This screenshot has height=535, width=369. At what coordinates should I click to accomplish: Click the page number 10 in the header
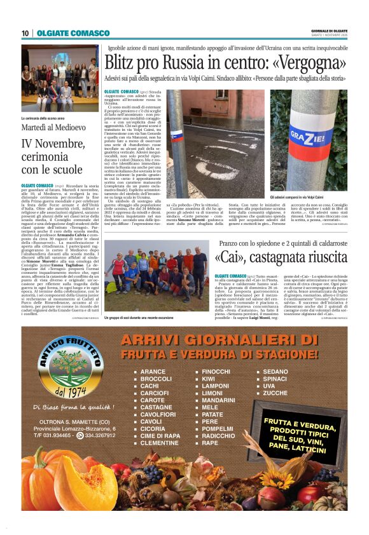(x=25, y=33)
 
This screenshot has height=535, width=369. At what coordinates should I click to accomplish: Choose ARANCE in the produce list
(x=153, y=371)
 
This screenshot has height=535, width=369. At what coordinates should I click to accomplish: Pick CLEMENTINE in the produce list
(x=159, y=443)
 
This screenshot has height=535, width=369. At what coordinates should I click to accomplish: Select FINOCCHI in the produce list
(x=216, y=371)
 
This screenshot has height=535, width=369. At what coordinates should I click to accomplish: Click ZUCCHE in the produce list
(x=275, y=393)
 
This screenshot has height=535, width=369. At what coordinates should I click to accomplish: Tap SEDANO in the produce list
(x=275, y=371)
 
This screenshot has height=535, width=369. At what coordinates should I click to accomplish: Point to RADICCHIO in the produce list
(x=218, y=436)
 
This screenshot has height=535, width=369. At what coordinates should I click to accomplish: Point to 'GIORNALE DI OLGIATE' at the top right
(x=329, y=30)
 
